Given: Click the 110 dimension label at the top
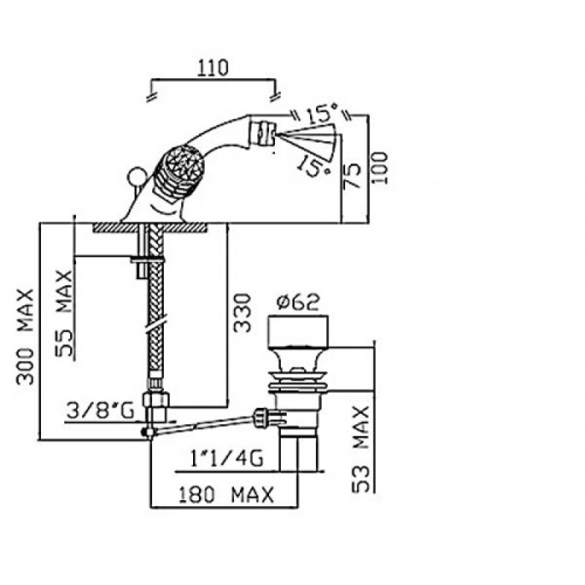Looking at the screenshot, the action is (214, 67).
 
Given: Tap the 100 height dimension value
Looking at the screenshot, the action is (380, 167).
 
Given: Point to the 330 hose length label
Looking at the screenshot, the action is (242, 313).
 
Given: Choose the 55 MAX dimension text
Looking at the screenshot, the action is (64, 314).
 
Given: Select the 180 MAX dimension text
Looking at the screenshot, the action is (226, 495).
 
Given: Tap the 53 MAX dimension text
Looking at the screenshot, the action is (361, 449).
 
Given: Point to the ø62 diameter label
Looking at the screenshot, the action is (298, 302).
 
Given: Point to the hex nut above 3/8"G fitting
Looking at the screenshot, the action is (156, 399).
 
